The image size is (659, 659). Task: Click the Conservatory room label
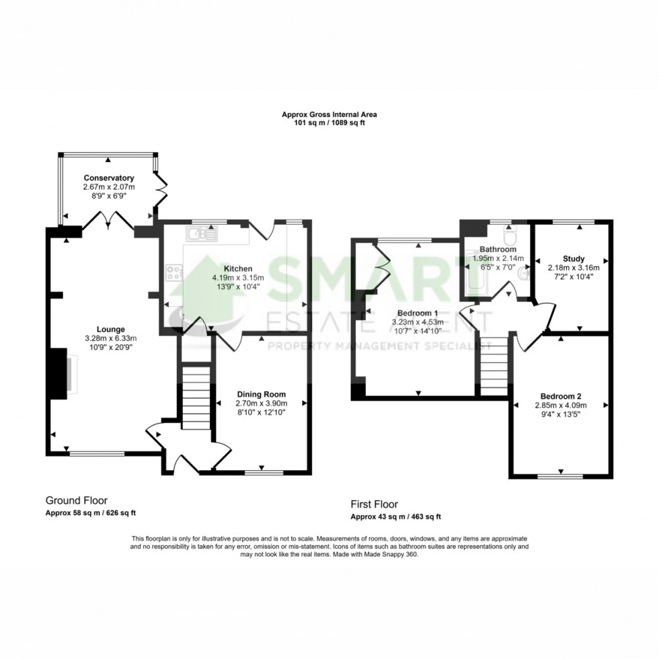pos(109,178)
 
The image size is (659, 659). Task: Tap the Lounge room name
pos(110,329)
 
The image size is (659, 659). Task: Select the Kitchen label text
pos(238,268)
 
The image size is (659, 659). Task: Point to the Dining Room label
pos(262,394)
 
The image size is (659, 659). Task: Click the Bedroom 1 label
pos(418,313)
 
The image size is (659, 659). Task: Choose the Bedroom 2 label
pos(561,396)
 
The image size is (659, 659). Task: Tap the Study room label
pos(574,259)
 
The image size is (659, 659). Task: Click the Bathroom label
pos(498,249)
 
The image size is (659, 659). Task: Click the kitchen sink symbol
pos(203,234)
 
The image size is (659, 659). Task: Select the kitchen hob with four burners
pos(174,272)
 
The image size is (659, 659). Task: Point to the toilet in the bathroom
pos(509,236)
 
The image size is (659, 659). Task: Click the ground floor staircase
pos(196,397)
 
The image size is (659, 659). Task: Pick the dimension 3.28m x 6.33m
pos(110,338)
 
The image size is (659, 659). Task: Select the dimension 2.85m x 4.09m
pos(561,405)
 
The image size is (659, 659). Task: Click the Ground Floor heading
pos(77,500)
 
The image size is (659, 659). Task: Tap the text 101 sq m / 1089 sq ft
pos(329,123)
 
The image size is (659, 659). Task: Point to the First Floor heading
pos(374,504)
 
